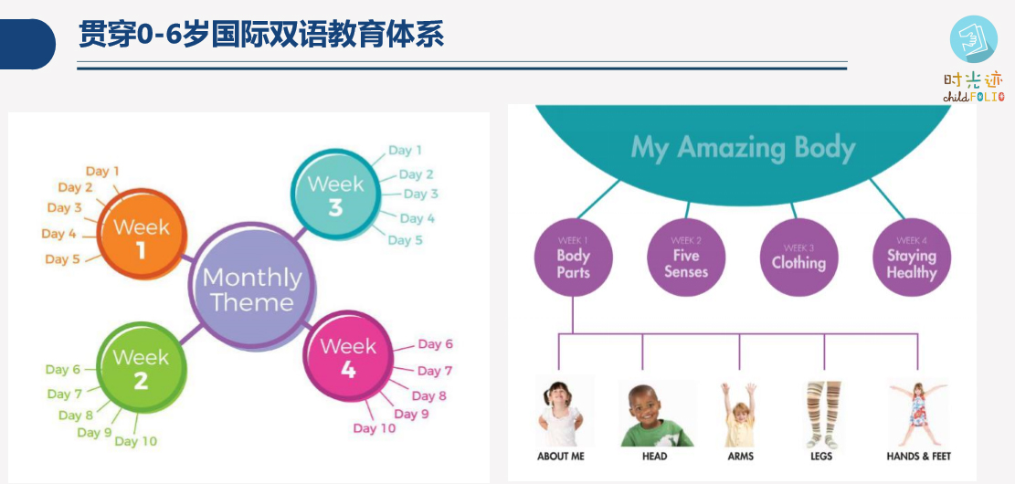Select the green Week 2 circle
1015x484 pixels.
coord(142,367)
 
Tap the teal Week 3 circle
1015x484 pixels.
coord(334,194)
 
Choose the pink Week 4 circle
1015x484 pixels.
coord(348,356)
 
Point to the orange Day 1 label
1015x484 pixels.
coord(102,172)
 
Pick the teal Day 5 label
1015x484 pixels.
coord(406,240)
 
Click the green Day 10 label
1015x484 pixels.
coord(136,441)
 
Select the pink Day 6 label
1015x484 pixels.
coord(435,344)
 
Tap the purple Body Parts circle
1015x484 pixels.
coord(573,258)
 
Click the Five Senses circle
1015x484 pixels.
coord(686,258)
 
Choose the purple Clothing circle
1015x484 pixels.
coord(798,258)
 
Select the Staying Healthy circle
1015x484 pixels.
coord(912,258)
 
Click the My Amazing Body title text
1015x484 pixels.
coord(743,148)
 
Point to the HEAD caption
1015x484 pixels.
coord(654,457)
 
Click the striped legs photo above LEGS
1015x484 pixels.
coord(823,414)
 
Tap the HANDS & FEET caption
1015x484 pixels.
coord(918,457)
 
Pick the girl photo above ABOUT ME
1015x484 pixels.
coord(561,413)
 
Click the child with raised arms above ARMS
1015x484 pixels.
coord(738,414)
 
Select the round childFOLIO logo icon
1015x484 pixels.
coord(974,39)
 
